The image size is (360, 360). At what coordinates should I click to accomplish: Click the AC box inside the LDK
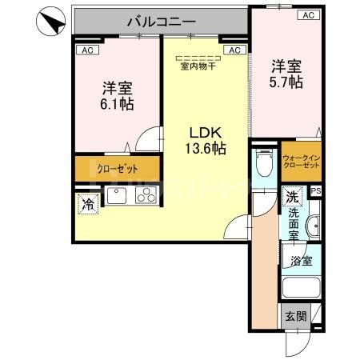point(234,50)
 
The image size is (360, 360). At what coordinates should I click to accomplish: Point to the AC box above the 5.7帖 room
point(307,15)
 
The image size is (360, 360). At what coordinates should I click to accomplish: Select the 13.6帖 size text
point(206,148)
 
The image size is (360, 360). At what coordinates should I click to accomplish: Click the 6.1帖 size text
point(117,104)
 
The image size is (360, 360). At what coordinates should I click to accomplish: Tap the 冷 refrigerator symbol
point(86,205)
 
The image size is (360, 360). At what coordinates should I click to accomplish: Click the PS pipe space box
point(316,190)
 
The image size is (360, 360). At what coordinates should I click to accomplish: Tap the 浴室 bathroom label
point(302,260)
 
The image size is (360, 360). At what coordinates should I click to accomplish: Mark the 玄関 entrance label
point(295,315)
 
